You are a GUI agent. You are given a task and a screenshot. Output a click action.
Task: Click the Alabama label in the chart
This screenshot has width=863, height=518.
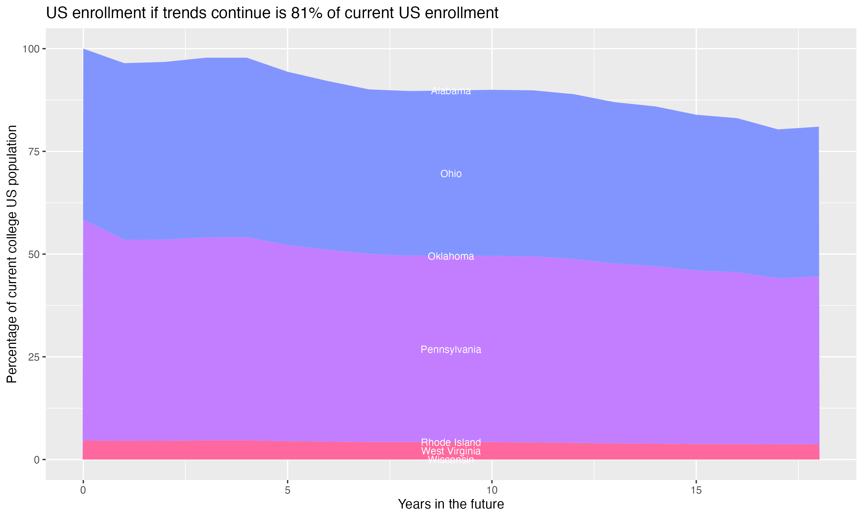pos(451,91)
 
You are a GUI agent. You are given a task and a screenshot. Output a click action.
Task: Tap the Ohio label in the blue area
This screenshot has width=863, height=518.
pos(451,174)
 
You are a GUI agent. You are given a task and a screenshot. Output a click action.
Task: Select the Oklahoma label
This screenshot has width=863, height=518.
pos(451,257)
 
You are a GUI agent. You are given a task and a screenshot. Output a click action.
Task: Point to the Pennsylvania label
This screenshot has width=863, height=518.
pos(451,350)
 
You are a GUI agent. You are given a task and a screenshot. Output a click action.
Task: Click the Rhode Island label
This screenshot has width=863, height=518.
pos(451,442)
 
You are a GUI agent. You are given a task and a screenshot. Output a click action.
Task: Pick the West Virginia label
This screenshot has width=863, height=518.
pos(451,451)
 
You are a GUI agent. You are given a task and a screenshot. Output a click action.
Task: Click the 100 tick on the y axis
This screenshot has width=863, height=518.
pos(31,49)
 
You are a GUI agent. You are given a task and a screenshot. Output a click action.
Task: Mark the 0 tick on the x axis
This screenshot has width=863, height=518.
pos(83,490)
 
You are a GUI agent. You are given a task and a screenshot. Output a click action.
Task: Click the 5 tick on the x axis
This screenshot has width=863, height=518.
pos(287,490)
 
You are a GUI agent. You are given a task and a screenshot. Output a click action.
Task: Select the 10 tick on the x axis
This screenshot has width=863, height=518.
pos(492,490)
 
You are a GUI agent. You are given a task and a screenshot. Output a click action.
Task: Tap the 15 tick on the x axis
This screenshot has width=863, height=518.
pos(696,490)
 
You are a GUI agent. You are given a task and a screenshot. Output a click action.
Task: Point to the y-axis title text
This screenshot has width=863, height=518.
pos(12,254)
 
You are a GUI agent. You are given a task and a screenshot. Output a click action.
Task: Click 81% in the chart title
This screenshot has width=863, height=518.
pos(306,13)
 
